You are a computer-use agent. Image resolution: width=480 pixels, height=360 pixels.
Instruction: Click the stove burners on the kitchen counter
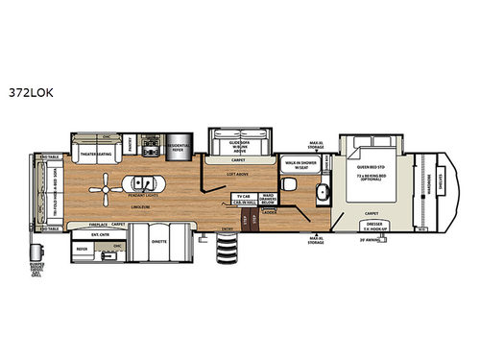(151, 149)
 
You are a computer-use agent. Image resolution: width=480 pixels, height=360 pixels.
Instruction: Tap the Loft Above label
(252, 174)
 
